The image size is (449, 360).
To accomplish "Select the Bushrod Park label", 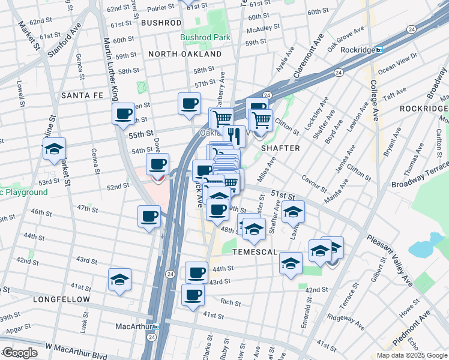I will coord(205,37).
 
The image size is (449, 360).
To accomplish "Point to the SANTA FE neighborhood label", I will coord(82,95).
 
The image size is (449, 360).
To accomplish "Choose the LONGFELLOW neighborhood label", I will coord(62,299).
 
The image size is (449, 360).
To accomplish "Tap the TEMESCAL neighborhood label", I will coord(255,252).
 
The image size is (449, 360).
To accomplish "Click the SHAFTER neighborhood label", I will coord(280,147).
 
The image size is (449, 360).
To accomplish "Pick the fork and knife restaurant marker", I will coord(234,136).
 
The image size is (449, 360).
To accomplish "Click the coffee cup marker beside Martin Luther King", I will coord(124,113).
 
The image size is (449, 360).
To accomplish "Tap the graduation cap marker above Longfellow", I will coord(119,280).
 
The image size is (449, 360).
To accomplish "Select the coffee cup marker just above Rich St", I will coord(193,295).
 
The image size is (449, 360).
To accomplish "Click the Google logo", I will coord(19,353).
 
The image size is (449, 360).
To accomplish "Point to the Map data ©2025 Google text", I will coord(412,355).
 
